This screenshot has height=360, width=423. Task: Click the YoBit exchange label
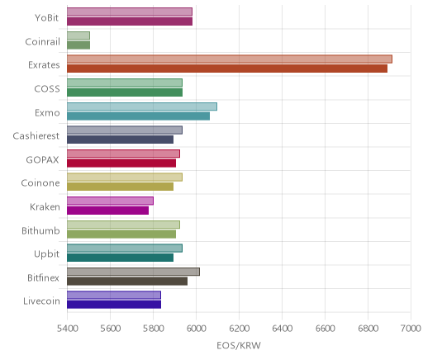click(x=46, y=17)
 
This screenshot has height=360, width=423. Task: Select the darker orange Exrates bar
click(x=227, y=69)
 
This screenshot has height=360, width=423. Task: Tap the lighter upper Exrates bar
click(x=230, y=59)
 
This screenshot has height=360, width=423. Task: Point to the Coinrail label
click(x=42, y=41)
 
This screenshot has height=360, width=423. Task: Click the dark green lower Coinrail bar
click(x=78, y=45)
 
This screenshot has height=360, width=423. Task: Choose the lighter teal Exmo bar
click(x=142, y=107)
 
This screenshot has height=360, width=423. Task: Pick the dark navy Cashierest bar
click(x=121, y=140)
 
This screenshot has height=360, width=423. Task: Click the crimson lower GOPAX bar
click(x=121, y=163)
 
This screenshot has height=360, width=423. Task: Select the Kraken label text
click(x=45, y=206)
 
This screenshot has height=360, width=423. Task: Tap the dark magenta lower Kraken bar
click(x=108, y=211)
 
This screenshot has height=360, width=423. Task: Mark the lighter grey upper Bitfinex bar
click(x=133, y=272)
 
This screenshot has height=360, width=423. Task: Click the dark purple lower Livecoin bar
click(x=114, y=305)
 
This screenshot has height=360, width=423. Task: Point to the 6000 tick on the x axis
click(x=196, y=329)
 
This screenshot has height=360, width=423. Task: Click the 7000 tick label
click(x=411, y=329)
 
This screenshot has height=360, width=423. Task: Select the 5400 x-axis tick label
click(x=67, y=329)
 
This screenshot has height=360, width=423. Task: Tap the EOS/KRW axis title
click(x=239, y=345)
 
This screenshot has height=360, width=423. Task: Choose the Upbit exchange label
click(x=46, y=253)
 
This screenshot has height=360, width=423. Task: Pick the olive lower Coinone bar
click(x=121, y=187)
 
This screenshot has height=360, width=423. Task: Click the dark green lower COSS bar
click(x=125, y=92)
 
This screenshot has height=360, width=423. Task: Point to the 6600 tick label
click(x=325, y=329)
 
